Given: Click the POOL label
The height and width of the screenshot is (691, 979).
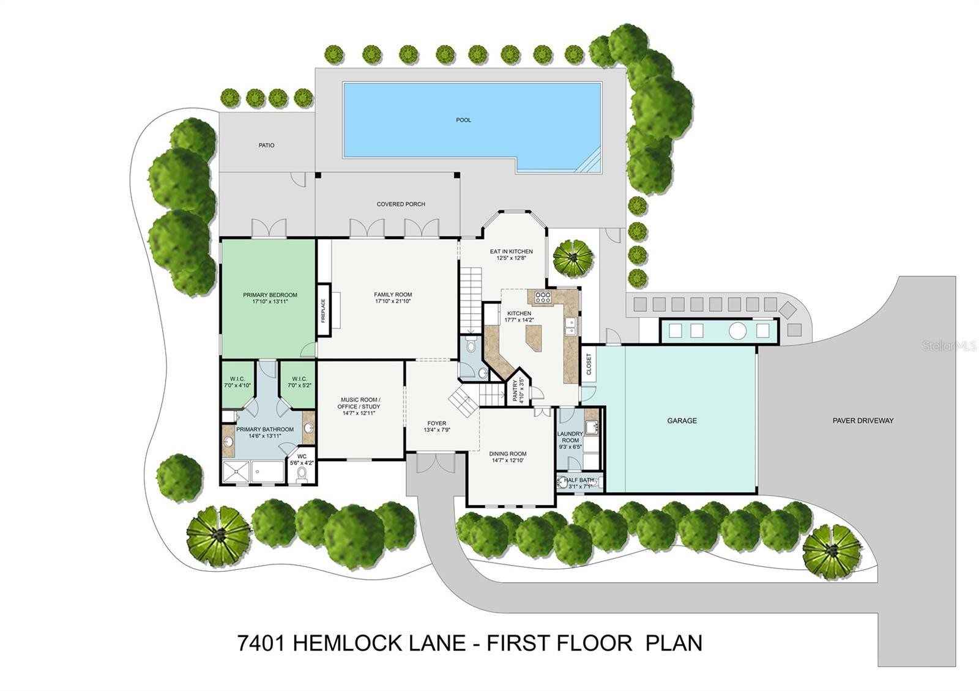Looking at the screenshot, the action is pyautogui.click(x=463, y=120).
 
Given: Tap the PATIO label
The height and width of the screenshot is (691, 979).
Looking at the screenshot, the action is pyautogui.click(x=267, y=146).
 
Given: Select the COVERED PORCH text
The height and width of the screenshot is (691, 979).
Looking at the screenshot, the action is pyautogui.click(x=401, y=204).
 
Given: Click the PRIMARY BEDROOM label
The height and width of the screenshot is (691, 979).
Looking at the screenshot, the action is pyautogui.click(x=270, y=295).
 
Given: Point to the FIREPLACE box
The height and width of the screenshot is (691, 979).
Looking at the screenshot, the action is pyautogui.click(x=324, y=310).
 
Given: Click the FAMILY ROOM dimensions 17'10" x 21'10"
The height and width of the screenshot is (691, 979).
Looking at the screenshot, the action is pyautogui.click(x=393, y=301).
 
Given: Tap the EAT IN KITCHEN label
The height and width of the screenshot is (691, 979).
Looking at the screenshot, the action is pyautogui.click(x=512, y=251).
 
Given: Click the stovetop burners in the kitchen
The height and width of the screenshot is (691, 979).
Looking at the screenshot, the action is pyautogui.click(x=543, y=297).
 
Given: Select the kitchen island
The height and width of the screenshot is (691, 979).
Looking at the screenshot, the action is pyautogui.click(x=534, y=338).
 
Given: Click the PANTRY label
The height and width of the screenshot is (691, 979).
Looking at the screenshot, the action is pyautogui.click(x=515, y=391).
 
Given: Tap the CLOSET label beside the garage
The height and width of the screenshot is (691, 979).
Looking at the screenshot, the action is pyautogui.click(x=588, y=364).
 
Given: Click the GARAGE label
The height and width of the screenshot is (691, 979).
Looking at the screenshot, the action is pyautogui.click(x=682, y=421).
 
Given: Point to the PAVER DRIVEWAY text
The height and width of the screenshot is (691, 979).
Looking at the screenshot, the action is pyautogui.click(x=863, y=421).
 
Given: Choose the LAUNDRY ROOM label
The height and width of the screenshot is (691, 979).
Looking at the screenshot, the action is pyautogui.click(x=570, y=437).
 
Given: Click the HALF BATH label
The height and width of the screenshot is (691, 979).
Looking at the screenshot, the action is pyautogui.click(x=579, y=480).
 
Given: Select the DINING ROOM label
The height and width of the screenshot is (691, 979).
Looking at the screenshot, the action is pyautogui.click(x=508, y=454).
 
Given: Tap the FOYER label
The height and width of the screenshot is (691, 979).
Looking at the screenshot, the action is pyautogui.click(x=437, y=423).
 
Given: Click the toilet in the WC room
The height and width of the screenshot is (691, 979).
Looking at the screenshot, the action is pyautogui.click(x=302, y=475).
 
